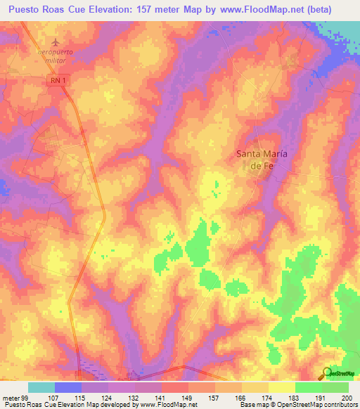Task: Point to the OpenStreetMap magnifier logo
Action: click(326, 373)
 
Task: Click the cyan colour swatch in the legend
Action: click(41, 387)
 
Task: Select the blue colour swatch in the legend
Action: click(68, 387)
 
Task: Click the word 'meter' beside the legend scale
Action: click(10, 397)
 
